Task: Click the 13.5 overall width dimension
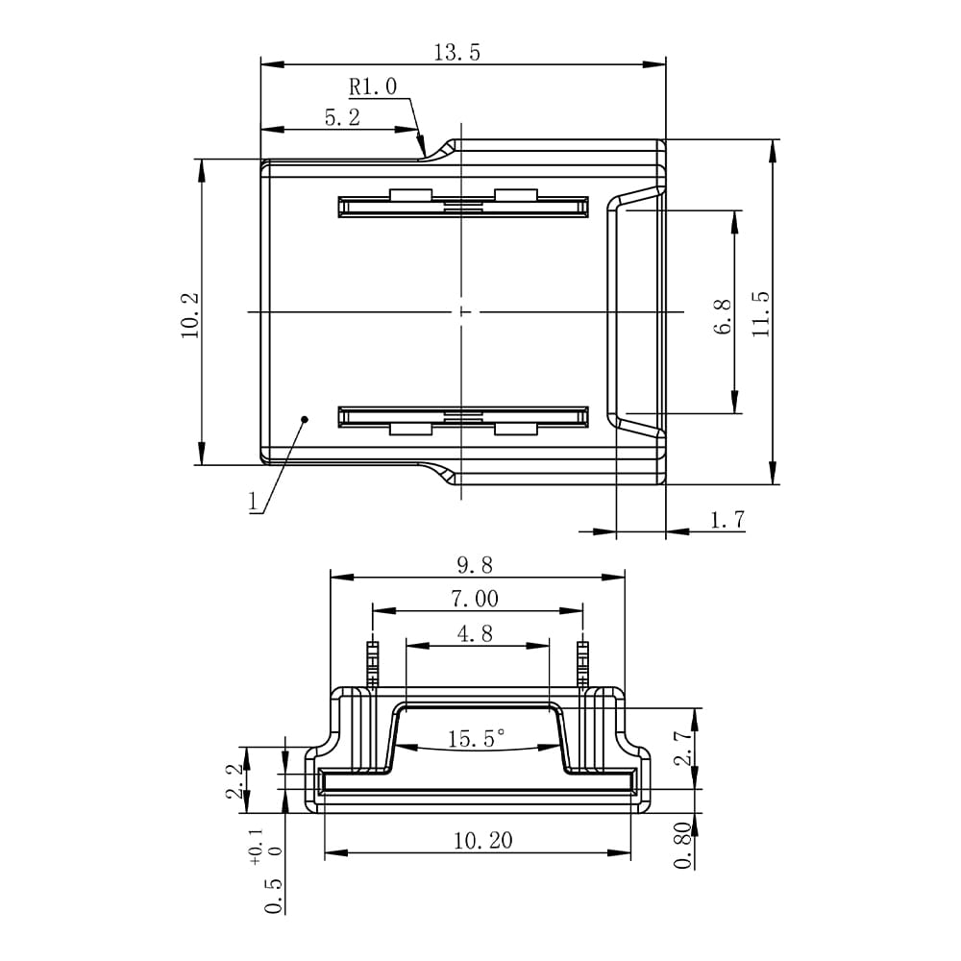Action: pyautogui.click(x=457, y=53)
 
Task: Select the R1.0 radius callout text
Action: pyautogui.click(x=373, y=86)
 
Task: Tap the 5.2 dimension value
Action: pyautogui.click(x=342, y=117)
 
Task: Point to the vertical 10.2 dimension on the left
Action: pyautogui.click(x=190, y=315)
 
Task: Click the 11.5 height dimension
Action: pyautogui.click(x=760, y=313)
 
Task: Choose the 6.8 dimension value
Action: pyautogui.click(x=724, y=316)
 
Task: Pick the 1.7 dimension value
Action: pyautogui.click(x=727, y=520)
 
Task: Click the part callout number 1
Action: pyautogui.click(x=253, y=502)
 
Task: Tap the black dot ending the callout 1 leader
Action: pyautogui.click(x=304, y=420)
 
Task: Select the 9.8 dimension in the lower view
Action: pyautogui.click(x=475, y=565)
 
